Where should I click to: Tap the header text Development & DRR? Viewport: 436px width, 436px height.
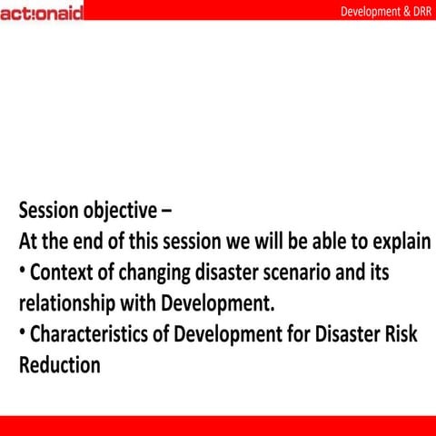(x=385, y=12)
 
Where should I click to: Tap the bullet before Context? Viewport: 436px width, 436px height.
(x=22, y=270)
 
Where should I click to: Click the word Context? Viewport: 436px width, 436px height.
(x=63, y=272)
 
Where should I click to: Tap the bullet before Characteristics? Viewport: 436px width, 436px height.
(x=22, y=332)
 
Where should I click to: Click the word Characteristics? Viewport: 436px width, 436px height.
(x=89, y=334)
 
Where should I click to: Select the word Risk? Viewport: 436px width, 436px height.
(x=399, y=334)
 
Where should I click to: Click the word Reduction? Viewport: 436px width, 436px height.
(x=59, y=365)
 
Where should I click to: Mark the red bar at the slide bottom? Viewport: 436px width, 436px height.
(x=218, y=425)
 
